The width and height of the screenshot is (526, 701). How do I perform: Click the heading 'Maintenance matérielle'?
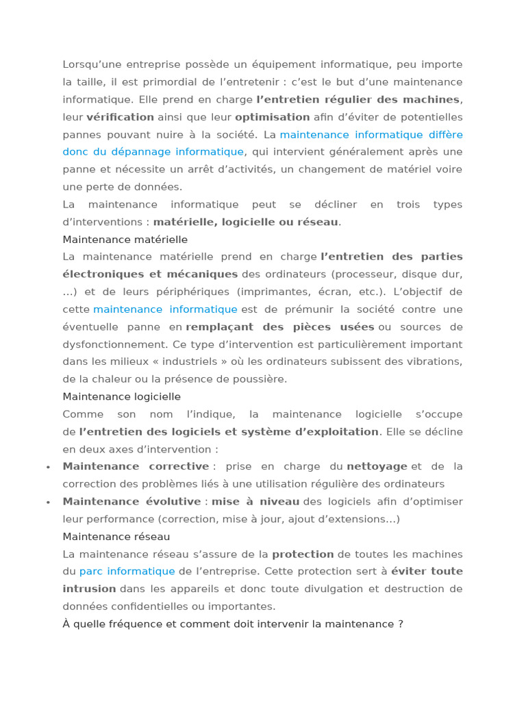pos(125,240)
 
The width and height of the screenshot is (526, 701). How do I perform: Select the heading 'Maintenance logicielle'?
pos(122,396)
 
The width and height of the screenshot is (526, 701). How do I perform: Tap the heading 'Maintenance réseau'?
pos(116,537)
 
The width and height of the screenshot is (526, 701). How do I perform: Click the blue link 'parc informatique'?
pos(127,571)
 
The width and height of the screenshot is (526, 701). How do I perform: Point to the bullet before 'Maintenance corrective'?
pos(48,467)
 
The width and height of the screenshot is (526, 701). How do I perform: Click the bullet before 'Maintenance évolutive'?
pos(48,502)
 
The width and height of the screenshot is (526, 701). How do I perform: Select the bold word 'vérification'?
pos(121,117)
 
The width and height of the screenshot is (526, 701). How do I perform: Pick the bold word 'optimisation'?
pos(273,117)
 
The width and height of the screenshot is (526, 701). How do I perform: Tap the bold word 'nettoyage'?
pos(377,466)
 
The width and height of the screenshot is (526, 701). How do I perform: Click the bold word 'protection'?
pos(303,554)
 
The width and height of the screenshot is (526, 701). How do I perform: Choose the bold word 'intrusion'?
pos(90,589)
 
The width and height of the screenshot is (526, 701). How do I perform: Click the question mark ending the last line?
pos(401,624)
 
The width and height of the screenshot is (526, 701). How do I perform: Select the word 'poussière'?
pos(263,379)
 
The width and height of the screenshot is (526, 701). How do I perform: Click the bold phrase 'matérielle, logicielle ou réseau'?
pos(246,222)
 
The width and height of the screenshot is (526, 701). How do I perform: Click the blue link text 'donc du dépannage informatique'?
pos(153,152)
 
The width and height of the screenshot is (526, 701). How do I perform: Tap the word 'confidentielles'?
pos(141,607)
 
